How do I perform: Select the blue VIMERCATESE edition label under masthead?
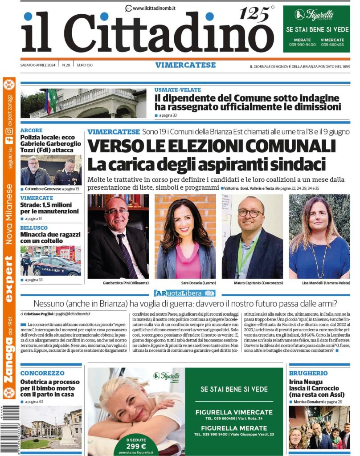185,65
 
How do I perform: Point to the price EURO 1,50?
84,65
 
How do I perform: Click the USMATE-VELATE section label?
177,90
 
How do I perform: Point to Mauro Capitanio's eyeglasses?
249,213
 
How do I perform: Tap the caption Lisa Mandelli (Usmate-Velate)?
319,283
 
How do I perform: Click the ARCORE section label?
32,130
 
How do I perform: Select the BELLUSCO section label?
34,228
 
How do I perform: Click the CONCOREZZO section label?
42,373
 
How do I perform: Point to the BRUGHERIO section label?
308,373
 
